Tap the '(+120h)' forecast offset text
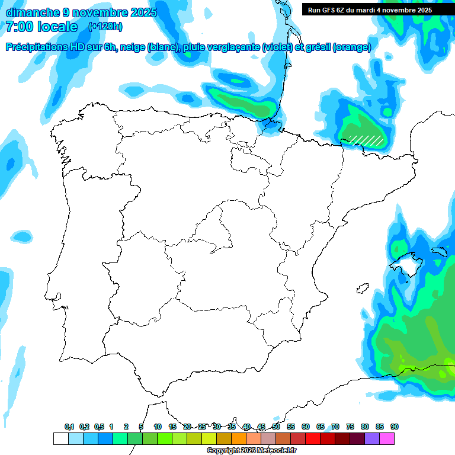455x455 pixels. (x=105, y=27)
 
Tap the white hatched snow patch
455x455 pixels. (x=366, y=139)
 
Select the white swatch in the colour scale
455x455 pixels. (x=60, y=439)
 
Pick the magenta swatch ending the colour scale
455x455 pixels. (x=387, y=439)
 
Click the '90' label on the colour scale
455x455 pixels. (x=395, y=427)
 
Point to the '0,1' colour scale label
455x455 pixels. (x=69, y=427)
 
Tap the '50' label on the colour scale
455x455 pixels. (x=276, y=427)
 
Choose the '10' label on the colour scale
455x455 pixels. (x=158, y=427)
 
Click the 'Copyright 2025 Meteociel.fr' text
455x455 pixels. (x=252, y=451)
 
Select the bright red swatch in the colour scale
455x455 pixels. (x=313, y=439)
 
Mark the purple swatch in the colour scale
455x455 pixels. (x=372, y=439)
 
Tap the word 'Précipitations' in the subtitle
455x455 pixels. (x=36, y=47)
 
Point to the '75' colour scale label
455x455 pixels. (x=350, y=427)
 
